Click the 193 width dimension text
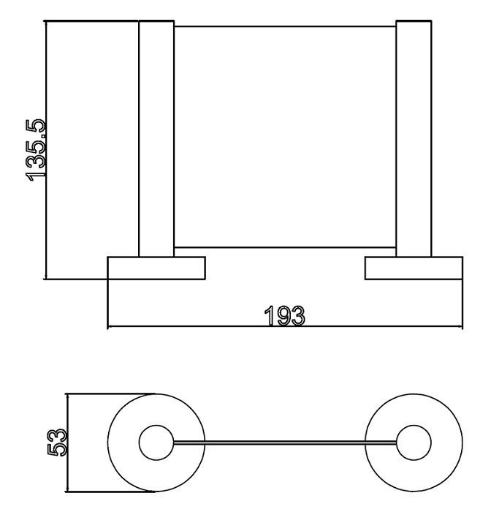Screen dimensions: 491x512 click(284, 316)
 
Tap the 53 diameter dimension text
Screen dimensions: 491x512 click(57, 443)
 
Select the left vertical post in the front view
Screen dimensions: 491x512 click(156, 139)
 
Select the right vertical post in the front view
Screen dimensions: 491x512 click(414, 139)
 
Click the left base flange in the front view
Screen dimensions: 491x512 click(156, 268)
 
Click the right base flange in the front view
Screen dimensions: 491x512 click(414, 268)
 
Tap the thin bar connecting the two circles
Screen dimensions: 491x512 click(285, 443)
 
